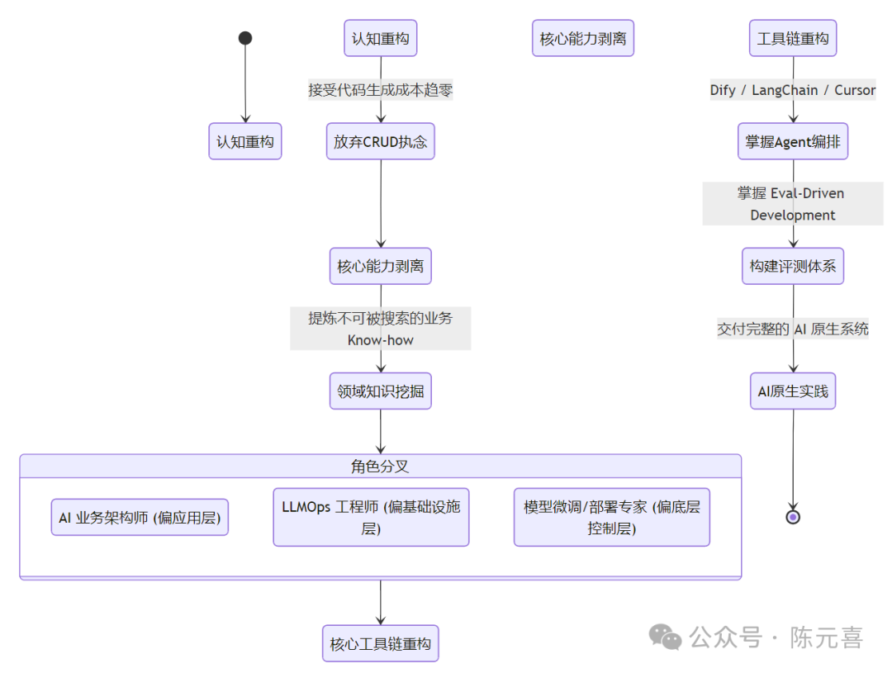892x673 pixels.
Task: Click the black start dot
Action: (245, 38)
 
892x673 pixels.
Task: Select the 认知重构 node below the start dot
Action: (245, 141)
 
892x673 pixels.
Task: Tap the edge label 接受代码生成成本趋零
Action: (381, 90)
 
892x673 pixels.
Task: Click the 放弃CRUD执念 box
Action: (381, 141)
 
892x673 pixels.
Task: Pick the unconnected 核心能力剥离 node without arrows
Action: (583, 38)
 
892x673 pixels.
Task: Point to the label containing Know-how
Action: (381, 339)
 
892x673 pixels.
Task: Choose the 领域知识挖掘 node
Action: (381, 391)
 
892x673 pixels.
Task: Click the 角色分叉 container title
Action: (381, 467)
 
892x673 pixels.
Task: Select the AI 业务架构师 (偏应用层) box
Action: (140, 518)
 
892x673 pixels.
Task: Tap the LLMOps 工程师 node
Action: (371, 518)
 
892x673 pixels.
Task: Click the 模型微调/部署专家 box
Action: (612, 518)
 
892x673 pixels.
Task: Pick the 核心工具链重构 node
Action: (381, 644)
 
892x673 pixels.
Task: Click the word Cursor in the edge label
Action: (855, 90)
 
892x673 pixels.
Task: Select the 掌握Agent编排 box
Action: (793, 141)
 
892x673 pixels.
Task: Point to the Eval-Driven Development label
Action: (793, 204)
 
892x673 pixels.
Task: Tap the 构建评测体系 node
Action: (793, 266)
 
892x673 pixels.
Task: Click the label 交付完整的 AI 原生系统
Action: (793, 329)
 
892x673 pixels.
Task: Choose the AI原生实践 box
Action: (793, 391)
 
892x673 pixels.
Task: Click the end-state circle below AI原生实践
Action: (793, 517)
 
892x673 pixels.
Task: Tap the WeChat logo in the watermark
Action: (665, 637)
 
